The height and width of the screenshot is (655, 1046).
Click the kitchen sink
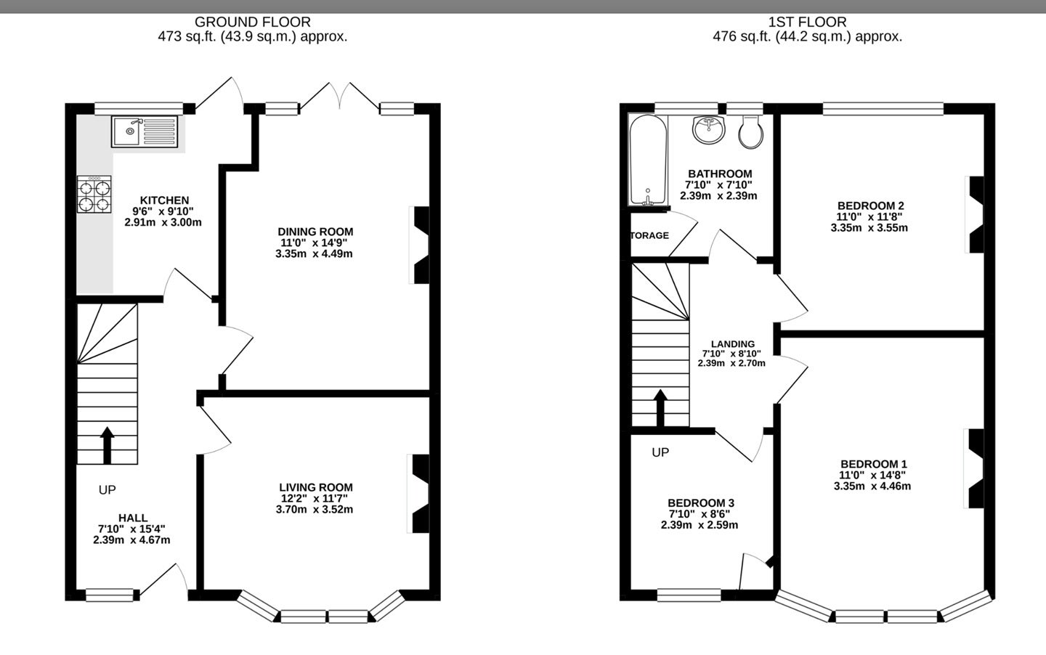[x=145, y=131]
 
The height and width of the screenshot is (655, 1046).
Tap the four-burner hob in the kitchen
[x=94, y=194]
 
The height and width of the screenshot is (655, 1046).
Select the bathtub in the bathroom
[x=648, y=160]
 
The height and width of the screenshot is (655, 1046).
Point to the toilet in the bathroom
[x=751, y=131]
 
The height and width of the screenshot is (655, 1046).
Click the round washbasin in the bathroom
[x=709, y=129]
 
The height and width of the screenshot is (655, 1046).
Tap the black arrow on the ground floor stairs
[x=107, y=445]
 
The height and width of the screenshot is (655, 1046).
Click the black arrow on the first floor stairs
[x=660, y=408]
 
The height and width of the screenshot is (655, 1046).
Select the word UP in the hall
[x=107, y=489]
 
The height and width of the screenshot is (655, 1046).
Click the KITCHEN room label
[x=164, y=200]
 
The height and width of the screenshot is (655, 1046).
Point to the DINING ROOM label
[x=315, y=232]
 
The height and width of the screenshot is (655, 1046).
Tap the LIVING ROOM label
[x=316, y=487]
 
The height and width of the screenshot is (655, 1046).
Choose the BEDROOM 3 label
[x=701, y=503]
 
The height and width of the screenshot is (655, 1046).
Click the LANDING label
[x=733, y=344]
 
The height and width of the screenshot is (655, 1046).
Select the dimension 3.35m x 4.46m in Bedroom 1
[x=872, y=486]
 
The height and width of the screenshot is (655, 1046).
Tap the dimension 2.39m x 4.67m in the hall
[x=131, y=540]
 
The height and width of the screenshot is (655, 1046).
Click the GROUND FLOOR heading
[x=253, y=22]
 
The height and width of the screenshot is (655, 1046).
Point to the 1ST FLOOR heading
[x=808, y=22]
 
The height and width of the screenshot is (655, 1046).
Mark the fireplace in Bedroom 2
[x=975, y=214]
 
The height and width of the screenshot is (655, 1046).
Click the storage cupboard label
[x=649, y=235]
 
